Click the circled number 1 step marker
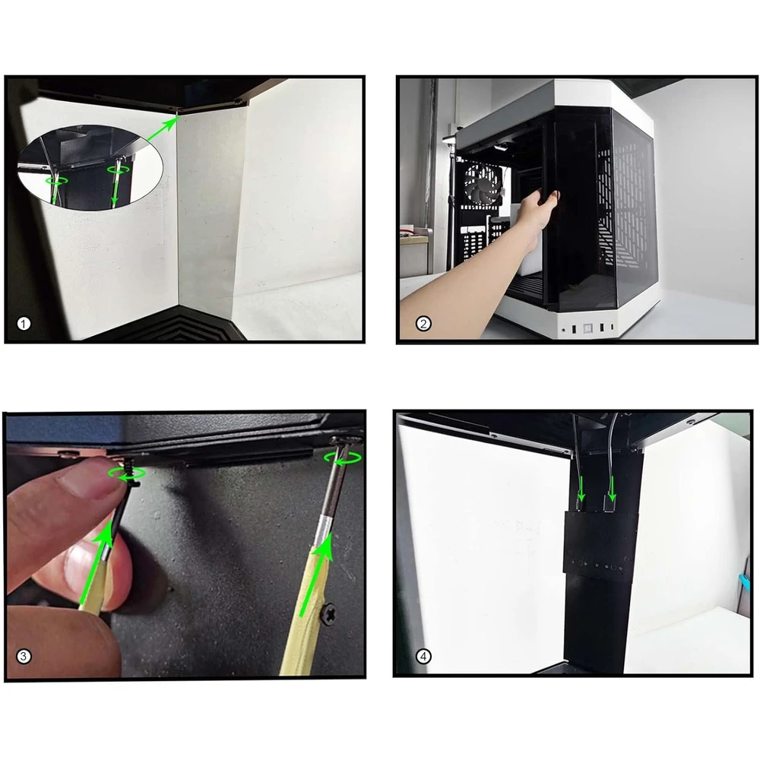24,325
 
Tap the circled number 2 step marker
423,325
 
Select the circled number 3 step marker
24,656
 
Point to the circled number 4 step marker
423,656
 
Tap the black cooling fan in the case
480,185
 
